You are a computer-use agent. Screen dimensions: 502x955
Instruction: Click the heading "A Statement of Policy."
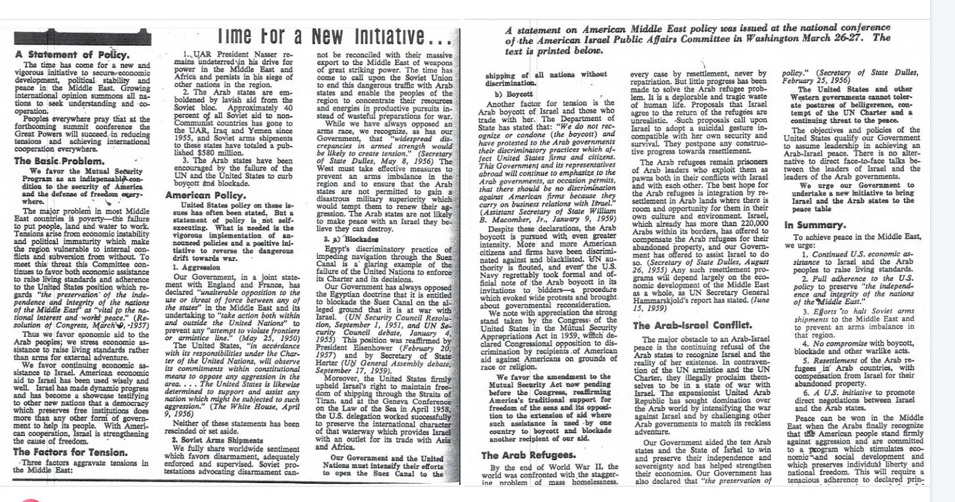[72, 54]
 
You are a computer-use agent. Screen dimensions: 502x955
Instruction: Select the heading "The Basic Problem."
[59, 161]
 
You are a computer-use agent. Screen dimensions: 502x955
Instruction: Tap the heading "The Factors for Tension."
[70, 452]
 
